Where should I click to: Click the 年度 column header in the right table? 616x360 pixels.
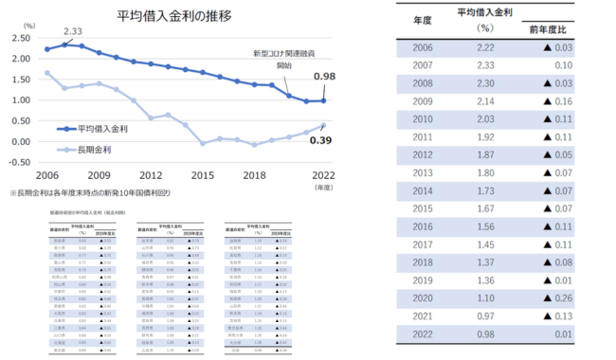coord(424,19)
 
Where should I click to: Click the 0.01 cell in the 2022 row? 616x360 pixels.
coord(561,333)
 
